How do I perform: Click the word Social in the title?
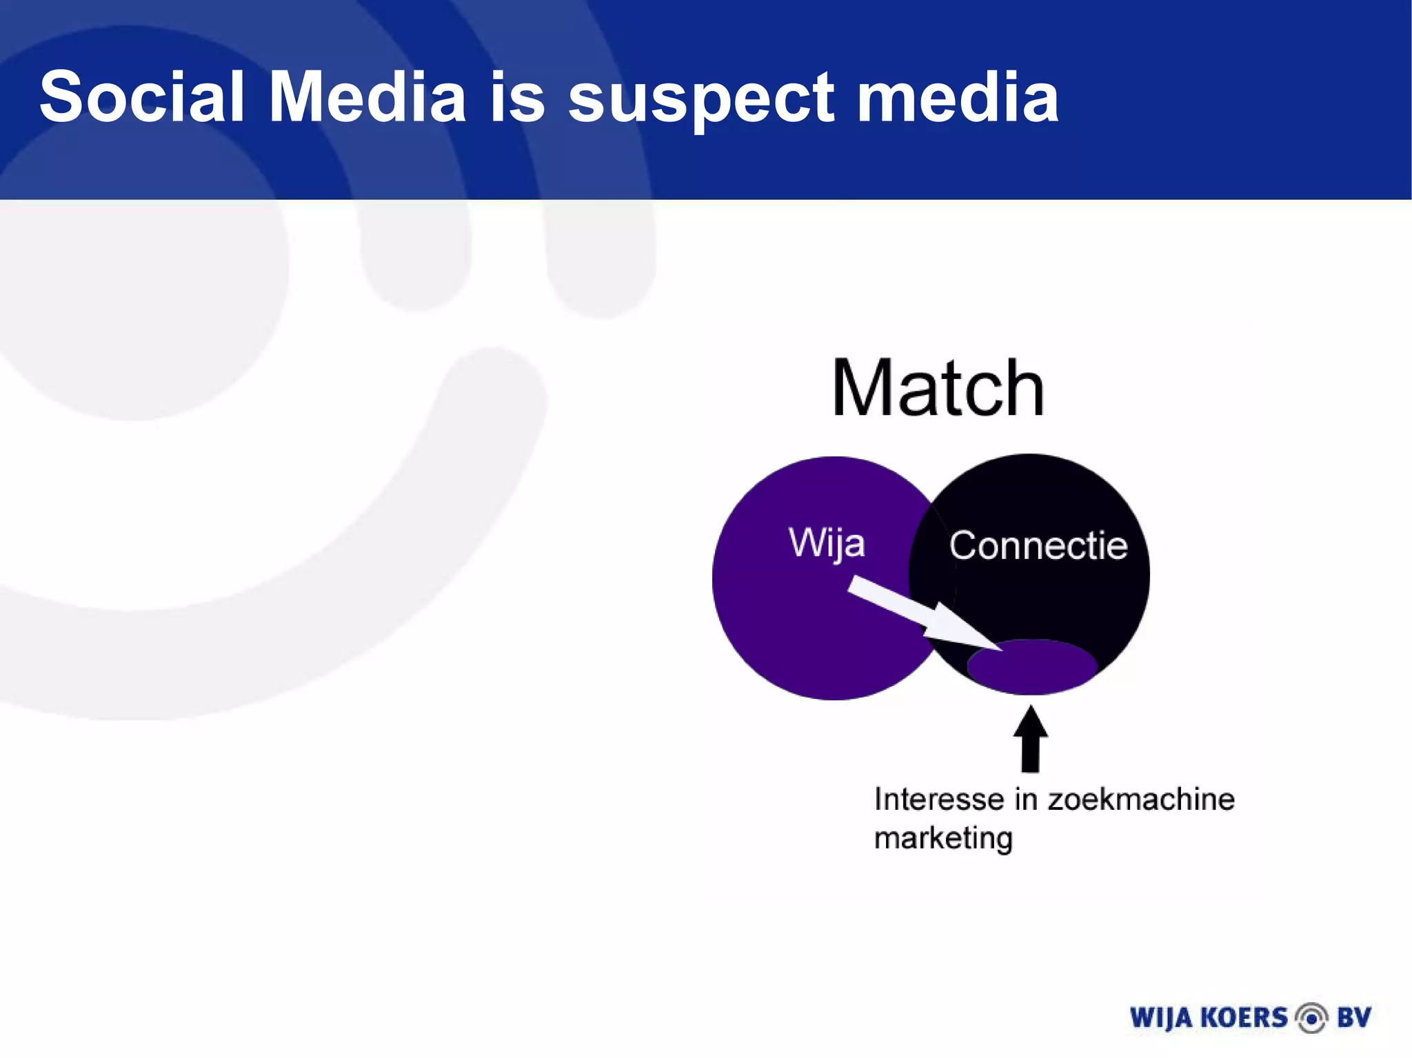point(142,97)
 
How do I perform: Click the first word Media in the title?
point(367,97)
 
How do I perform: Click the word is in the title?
point(517,97)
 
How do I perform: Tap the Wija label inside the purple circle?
point(827,544)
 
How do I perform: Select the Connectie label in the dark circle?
point(1038,545)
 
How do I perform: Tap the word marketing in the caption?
point(943,839)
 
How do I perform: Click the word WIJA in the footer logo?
point(1161,1018)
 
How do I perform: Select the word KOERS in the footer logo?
point(1244,1018)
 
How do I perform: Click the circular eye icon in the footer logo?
point(1311,1018)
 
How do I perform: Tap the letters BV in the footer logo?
point(1354,1018)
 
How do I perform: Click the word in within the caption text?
point(1026,800)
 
